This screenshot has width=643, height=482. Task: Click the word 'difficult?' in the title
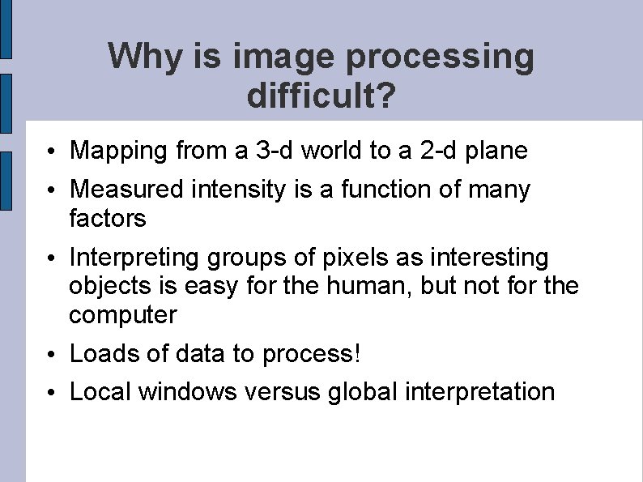tap(321, 96)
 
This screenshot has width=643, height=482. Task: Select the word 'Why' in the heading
tap(138, 57)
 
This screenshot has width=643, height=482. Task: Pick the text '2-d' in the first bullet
tap(437, 150)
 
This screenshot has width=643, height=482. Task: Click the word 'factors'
tap(108, 218)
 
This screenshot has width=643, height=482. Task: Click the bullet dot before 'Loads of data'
tap(50, 356)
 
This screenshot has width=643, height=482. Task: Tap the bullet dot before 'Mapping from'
tap(50, 151)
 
